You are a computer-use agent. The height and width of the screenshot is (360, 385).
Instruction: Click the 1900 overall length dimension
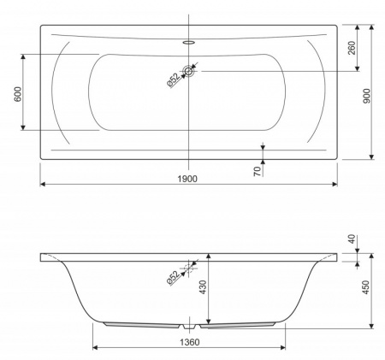tap(187, 179)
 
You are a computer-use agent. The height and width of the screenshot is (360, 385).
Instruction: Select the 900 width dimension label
tap(367, 96)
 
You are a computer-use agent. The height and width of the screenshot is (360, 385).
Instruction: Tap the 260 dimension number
tap(352, 48)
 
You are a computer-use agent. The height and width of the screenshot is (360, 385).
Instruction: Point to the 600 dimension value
tap(18, 94)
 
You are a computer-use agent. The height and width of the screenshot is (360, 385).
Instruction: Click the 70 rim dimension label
tap(258, 171)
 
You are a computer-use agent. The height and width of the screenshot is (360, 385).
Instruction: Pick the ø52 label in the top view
tap(174, 80)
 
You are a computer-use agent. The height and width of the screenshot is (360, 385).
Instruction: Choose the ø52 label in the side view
tap(174, 278)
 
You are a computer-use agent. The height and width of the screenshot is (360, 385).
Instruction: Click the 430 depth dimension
tap(203, 287)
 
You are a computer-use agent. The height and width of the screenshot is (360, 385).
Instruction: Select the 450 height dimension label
tap(366, 287)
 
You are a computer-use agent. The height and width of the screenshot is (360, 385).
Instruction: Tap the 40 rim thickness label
tap(352, 239)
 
